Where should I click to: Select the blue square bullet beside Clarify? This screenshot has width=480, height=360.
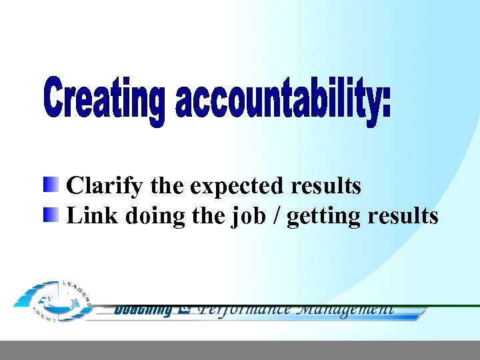click(x=52, y=185)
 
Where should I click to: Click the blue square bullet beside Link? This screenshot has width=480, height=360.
click(x=52, y=215)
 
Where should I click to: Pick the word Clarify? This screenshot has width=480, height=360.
click(x=105, y=186)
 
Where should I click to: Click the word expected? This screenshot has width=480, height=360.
click(x=233, y=186)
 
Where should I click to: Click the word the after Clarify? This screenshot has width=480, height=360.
click(x=166, y=186)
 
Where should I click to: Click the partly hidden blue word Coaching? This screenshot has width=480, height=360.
click(x=143, y=310)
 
